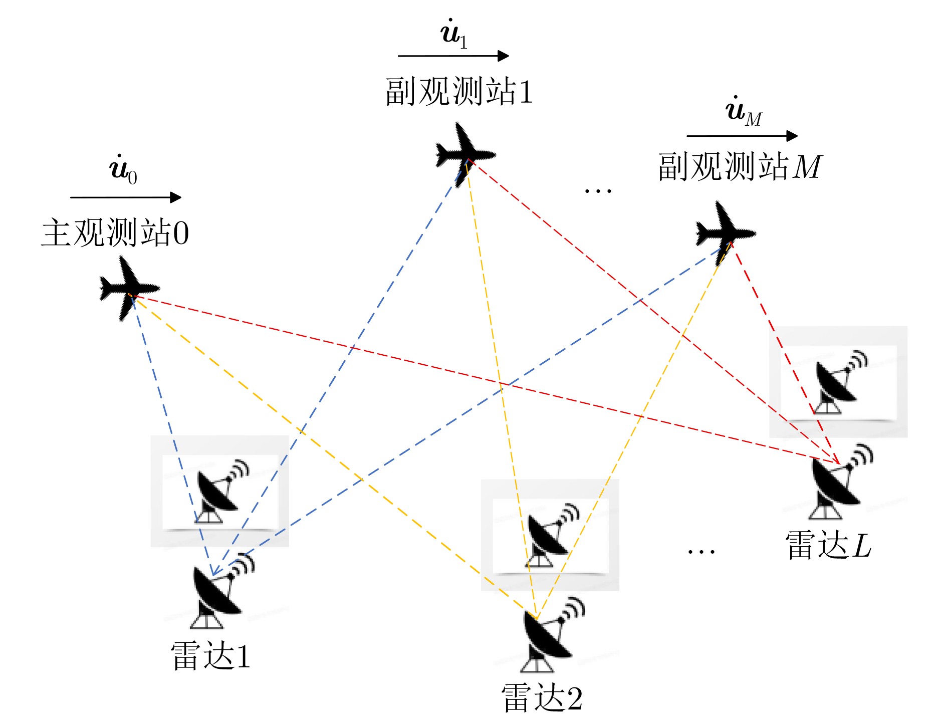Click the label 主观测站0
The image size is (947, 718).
[115, 232]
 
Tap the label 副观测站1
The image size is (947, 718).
[458, 92]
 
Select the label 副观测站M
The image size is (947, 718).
[740, 166]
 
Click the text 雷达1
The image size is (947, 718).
[210, 656]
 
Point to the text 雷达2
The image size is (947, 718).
[542, 698]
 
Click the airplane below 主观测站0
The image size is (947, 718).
[129, 288]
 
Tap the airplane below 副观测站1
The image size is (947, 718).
[465, 154]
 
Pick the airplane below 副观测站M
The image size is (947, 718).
[725, 233]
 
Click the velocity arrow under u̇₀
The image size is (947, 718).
[126, 197]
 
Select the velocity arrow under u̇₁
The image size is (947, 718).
[453, 56]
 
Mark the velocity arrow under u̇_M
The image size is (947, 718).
[742, 136]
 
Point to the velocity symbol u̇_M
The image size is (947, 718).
[744, 111]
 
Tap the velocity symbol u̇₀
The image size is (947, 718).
[123, 169]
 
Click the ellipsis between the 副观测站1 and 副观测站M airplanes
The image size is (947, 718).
[598, 191]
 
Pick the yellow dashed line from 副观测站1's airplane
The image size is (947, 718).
[501, 389]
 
